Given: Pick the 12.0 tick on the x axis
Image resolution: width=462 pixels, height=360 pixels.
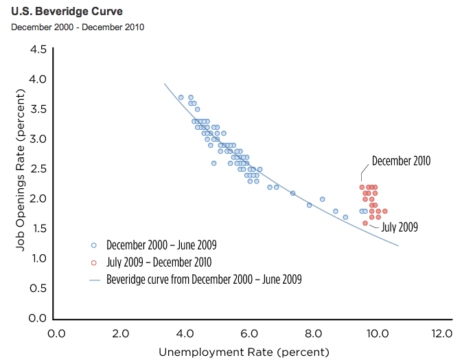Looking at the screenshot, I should [442, 334].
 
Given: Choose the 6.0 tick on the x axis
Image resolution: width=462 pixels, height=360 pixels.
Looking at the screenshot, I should [249, 334].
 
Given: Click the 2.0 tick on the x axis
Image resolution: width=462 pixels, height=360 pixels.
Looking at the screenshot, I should [120, 334].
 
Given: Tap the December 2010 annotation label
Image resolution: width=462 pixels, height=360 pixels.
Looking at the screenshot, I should [401, 161].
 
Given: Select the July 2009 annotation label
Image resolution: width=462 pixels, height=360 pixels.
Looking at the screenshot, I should [400, 226].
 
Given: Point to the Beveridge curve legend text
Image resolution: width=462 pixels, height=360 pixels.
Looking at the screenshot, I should [204, 280].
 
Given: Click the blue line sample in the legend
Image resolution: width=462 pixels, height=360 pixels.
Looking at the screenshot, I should [95, 280].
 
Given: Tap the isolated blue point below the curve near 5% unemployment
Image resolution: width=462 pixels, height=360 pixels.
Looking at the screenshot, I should [214, 163].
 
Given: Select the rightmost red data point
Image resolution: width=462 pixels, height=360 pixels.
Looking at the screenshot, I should [385, 211].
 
